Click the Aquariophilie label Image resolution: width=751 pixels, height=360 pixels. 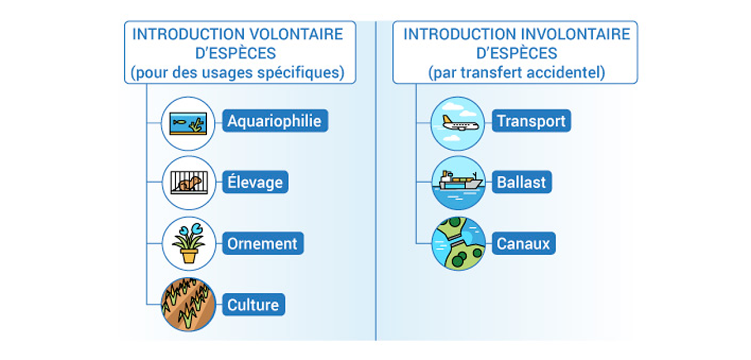click(x=275, y=121)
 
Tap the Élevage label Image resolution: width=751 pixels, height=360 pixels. click(x=255, y=182)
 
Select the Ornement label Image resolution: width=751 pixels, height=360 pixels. click(x=262, y=244)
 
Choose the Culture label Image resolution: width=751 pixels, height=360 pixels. click(x=253, y=305)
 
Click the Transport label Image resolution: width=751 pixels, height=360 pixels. click(x=531, y=121)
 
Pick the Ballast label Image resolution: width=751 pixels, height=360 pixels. click(x=521, y=182)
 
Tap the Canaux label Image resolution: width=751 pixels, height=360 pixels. click(x=523, y=244)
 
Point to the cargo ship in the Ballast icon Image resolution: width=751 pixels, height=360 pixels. click(x=460, y=181)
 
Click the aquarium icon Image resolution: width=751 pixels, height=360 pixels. click(x=188, y=123)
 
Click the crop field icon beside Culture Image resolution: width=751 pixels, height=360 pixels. click(x=188, y=304)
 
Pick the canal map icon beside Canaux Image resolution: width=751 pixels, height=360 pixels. click(x=458, y=244)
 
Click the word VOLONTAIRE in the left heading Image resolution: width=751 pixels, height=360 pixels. click(x=296, y=34)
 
